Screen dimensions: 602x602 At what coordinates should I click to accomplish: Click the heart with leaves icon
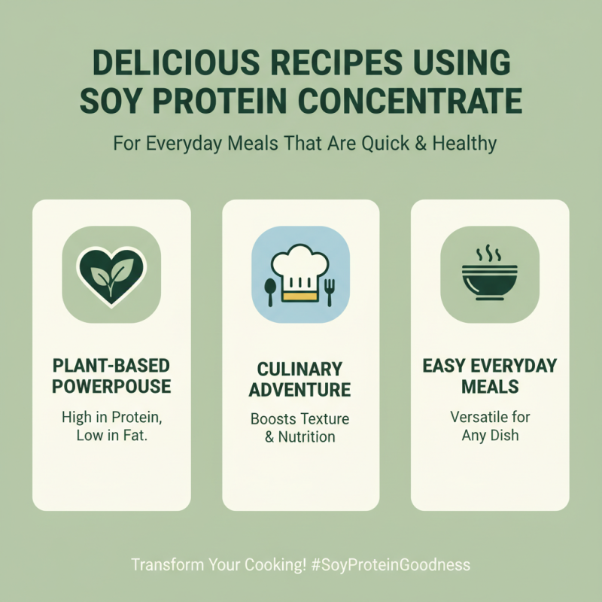111,274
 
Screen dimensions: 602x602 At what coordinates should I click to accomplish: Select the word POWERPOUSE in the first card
111,387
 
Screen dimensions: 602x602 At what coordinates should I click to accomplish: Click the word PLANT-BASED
111,366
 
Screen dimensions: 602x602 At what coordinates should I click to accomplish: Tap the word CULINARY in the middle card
300,369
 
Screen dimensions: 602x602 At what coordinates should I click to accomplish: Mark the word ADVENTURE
300,390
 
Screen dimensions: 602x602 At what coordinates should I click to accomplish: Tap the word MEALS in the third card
490,387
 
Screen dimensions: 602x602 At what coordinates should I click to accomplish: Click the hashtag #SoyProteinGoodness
391,564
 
